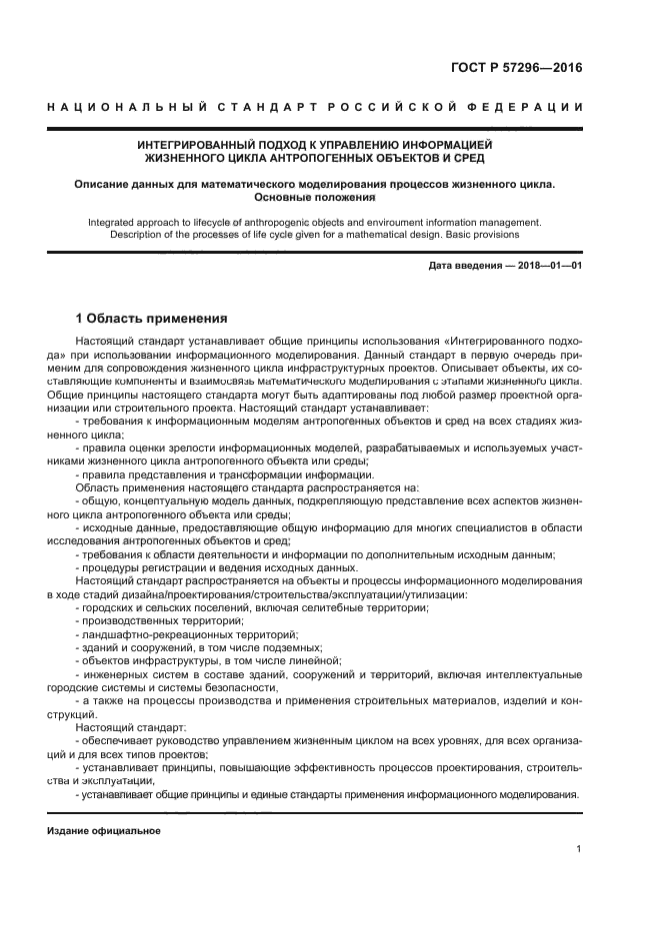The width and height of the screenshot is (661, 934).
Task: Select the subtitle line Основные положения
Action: tap(317, 198)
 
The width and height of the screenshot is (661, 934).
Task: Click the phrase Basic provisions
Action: tap(481, 235)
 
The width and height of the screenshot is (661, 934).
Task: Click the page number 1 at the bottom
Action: tap(578, 849)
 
